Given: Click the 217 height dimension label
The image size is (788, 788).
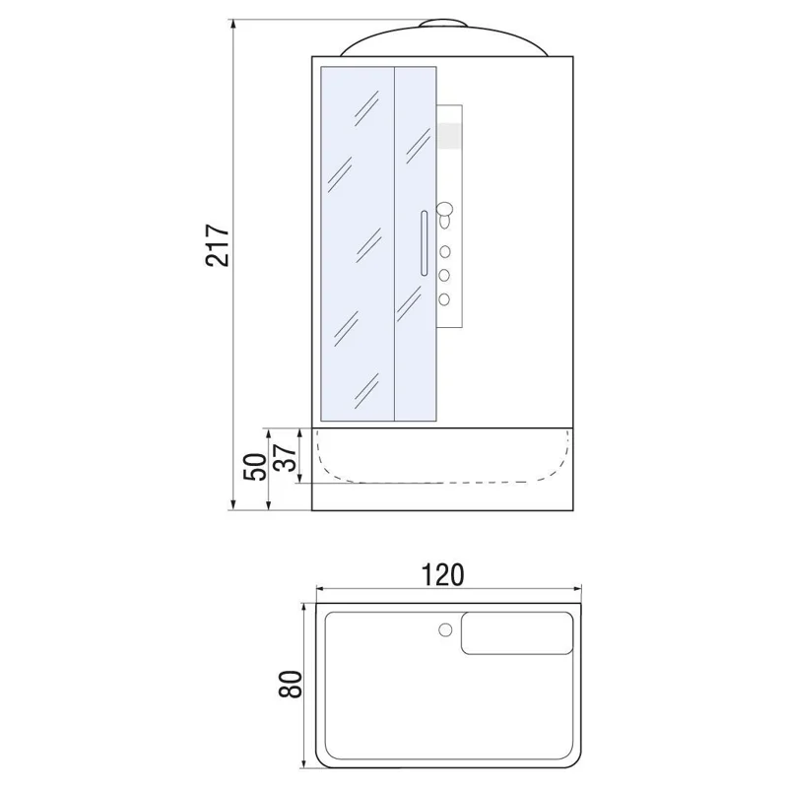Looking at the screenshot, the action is click(x=218, y=245).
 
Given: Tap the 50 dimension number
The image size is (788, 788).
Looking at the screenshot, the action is click(x=256, y=467).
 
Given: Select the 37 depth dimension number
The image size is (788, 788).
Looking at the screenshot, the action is click(x=286, y=457).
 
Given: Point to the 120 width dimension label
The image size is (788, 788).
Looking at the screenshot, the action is click(x=442, y=575).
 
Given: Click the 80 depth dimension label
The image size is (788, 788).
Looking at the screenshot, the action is click(x=290, y=684).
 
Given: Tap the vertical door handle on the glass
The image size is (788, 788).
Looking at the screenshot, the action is click(x=425, y=243).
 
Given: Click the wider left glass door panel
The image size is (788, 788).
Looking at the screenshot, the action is click(x=358, y=243).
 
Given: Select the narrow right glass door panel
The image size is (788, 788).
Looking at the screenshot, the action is click(x=415, y=243).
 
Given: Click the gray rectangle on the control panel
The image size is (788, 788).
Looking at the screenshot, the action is click(x=450, y=136).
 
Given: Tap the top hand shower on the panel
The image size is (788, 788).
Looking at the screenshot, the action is click(x=445, y=215).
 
